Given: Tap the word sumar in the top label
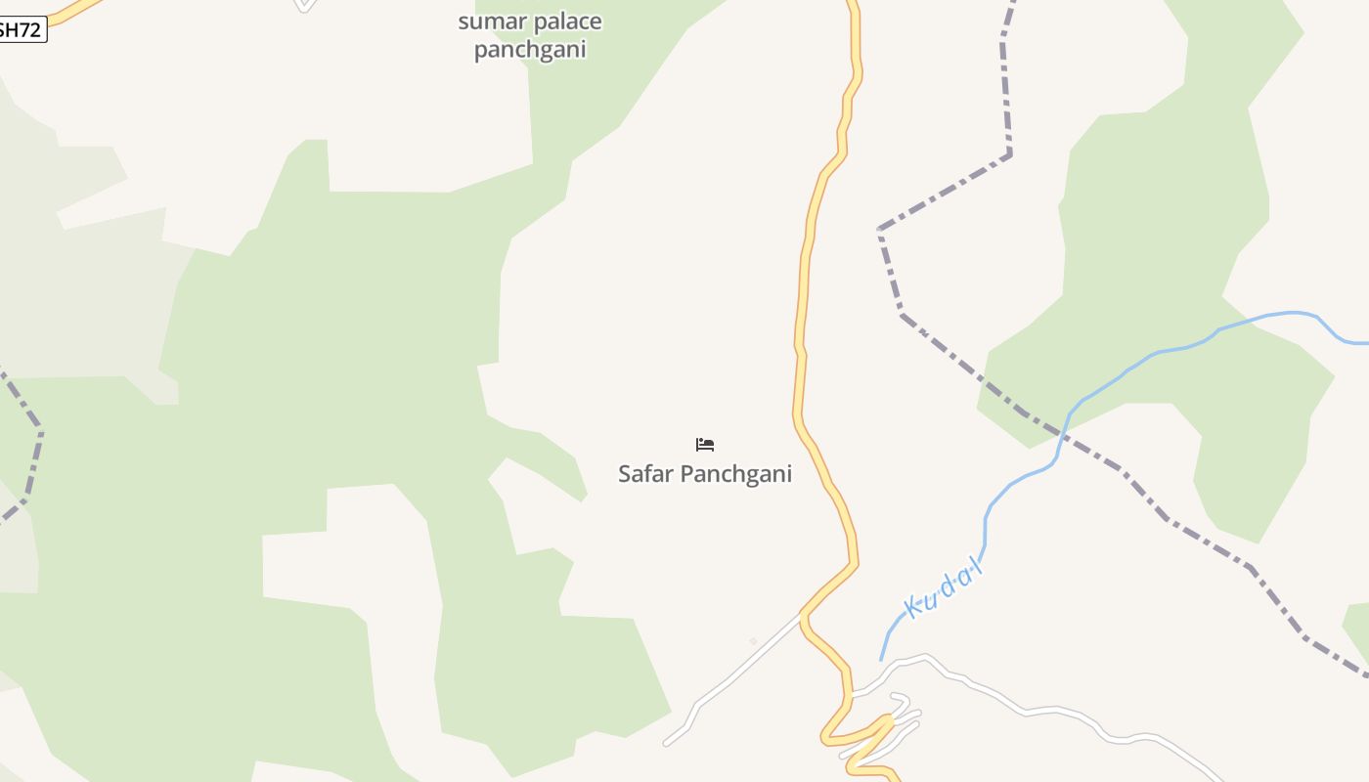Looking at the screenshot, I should (486, 22).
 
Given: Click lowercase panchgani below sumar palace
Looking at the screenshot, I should (529, 49).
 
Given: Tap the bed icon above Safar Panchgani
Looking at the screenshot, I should (705, 445).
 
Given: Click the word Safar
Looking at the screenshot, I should (645, 474).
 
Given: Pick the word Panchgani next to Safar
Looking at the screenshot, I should (735, 474).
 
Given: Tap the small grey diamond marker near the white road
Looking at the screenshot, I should (753, 641).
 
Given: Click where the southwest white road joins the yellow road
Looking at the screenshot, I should (803, 614).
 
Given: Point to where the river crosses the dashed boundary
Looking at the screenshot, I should (1064, 431).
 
